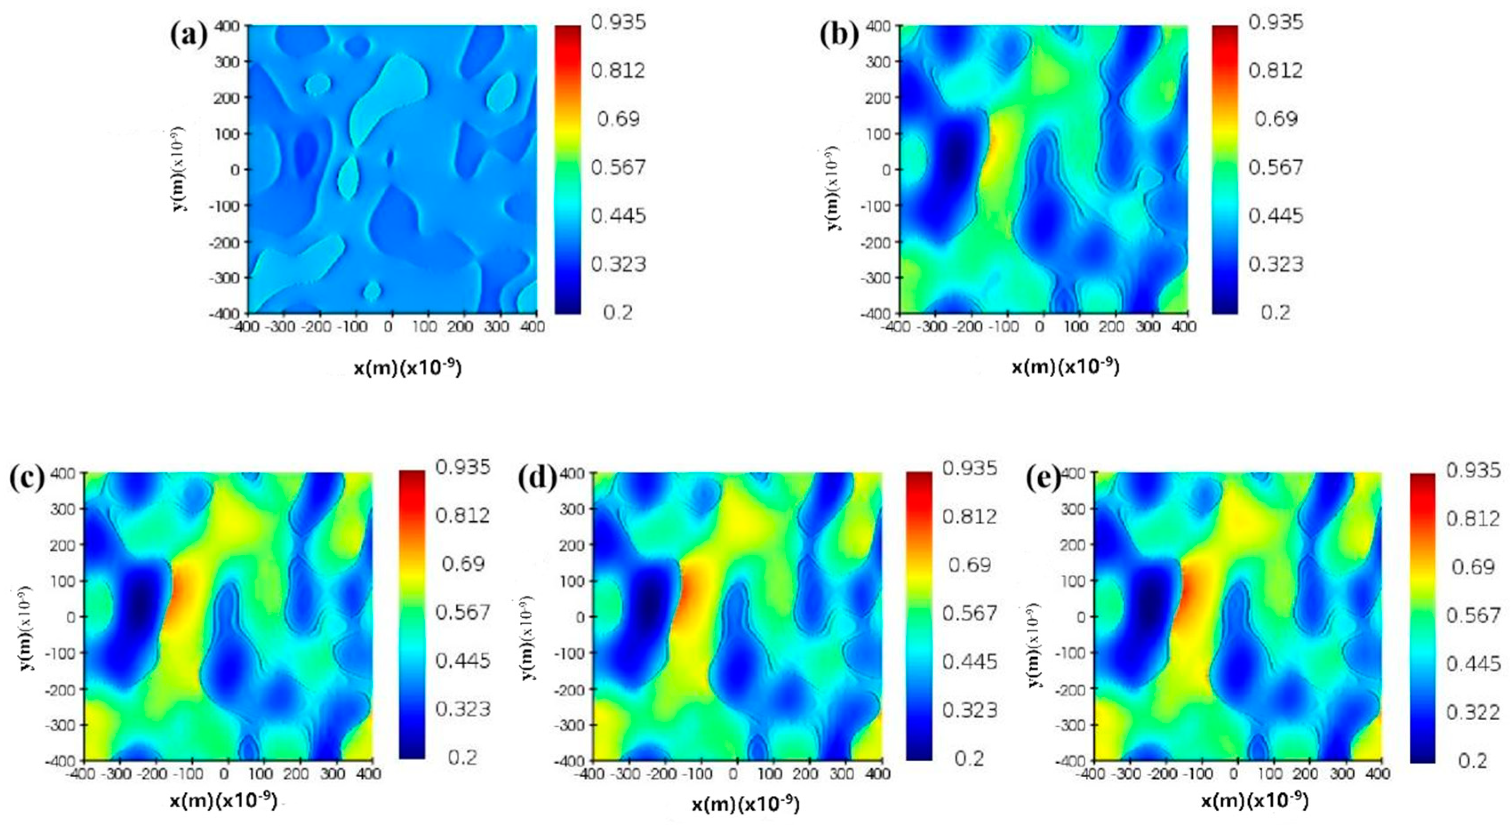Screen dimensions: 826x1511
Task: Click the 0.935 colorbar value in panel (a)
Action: coord(618,22)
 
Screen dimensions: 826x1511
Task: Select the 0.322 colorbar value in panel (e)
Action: coord(1473,712)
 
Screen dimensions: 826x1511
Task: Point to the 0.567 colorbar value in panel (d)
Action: coord(969,613)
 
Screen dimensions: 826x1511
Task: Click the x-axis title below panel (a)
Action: coord(407,368)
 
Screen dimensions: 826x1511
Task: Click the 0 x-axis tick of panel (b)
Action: coord(1040,327)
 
